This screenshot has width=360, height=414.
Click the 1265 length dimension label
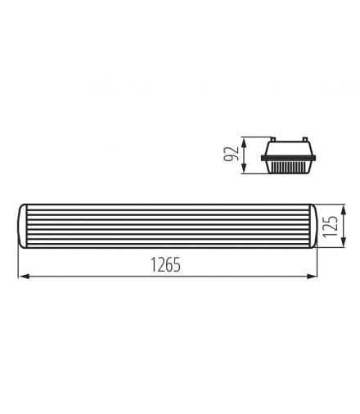(x=165, y=264)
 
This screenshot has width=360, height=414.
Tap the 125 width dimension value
(x=331, y=227)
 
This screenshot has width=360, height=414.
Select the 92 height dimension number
(x=232, y=154)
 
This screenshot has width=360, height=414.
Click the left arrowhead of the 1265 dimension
(x=25, y=277)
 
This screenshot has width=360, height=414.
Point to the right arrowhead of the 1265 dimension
(x=312, y=277)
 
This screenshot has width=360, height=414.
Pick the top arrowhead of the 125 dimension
(x=344, y=210)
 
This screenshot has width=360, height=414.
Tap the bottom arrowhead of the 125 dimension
(x=344, y=243)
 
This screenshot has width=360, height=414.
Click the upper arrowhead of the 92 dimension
(x=244, y=143)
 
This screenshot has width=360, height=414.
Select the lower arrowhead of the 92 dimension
(x=244, y=168)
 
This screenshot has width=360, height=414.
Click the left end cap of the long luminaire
(x=23, y=226)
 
